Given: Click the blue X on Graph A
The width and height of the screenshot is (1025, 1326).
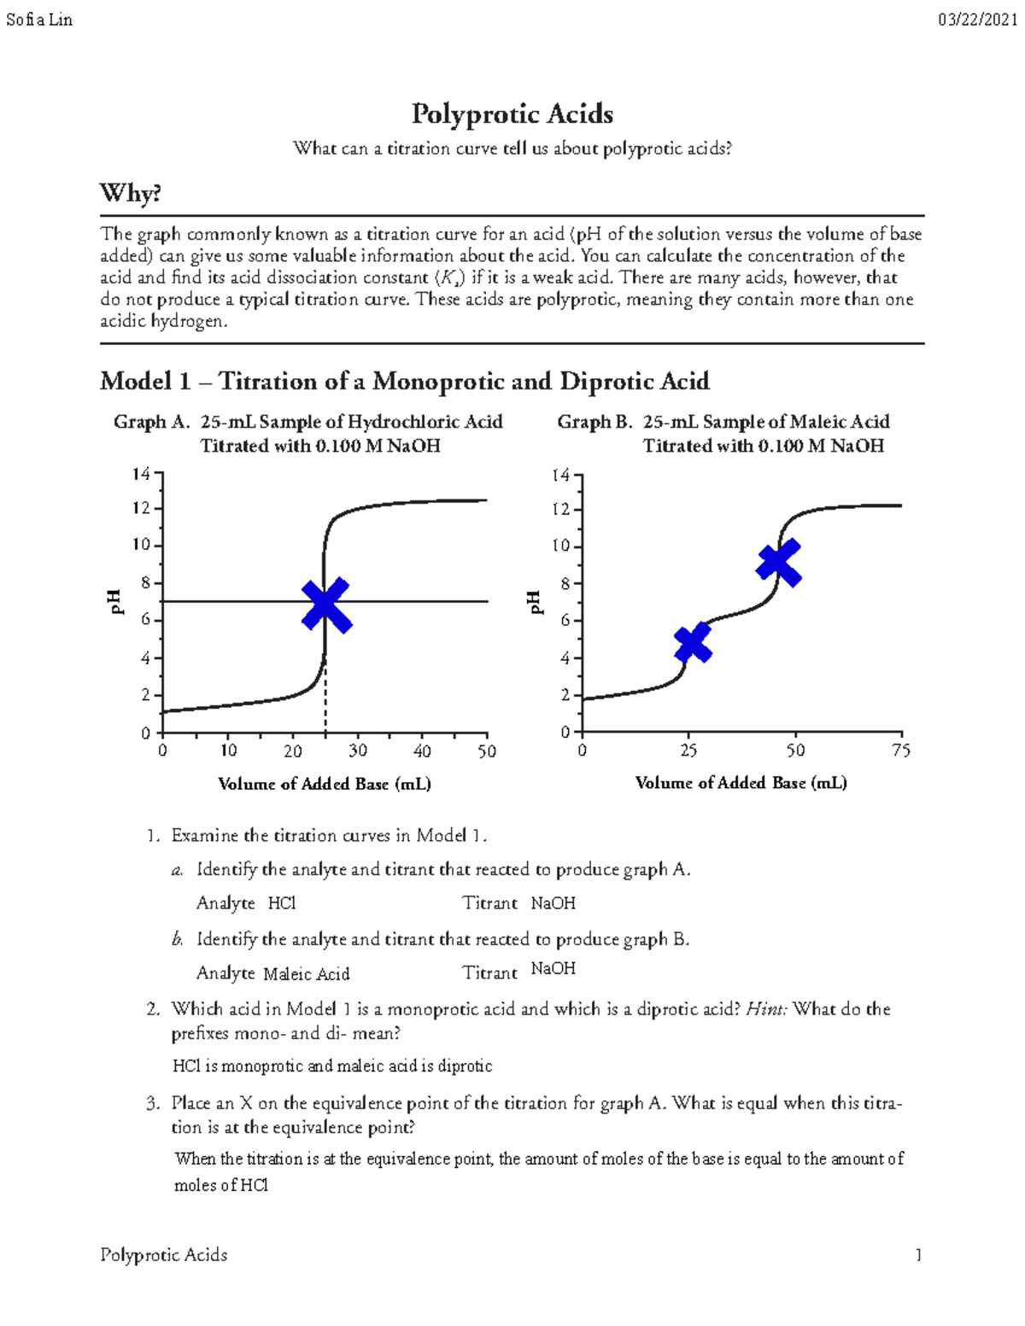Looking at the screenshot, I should point(325,605).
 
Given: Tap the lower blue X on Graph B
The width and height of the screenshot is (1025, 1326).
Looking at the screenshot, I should point(693,643).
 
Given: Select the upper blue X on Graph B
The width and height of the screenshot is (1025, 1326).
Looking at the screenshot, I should point(779,563).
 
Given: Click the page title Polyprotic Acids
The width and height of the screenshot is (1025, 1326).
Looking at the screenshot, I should point(512,114).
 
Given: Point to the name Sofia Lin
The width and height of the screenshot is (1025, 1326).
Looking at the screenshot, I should point(39,20).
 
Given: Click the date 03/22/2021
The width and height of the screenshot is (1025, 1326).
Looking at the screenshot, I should point(977,20).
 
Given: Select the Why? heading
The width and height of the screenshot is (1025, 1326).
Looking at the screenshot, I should point(131,193).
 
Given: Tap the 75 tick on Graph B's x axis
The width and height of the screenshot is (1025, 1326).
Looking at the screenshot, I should point(901,751).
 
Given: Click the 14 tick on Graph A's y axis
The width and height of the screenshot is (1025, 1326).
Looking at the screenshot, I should point(141,473).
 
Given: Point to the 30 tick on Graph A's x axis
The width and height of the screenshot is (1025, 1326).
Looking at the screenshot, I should point(357,751).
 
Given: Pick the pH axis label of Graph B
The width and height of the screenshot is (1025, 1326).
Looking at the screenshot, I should point(535,602).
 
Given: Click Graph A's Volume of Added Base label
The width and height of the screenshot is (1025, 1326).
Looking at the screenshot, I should point(325,784).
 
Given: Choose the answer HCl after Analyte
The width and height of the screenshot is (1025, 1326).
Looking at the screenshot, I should point(282,903).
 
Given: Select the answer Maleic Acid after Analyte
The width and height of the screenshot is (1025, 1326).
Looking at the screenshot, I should point(307,974).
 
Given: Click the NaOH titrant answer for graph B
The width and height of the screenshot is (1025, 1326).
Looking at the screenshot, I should point(553,968).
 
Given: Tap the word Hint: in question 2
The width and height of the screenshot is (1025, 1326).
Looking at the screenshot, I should point(766,1009).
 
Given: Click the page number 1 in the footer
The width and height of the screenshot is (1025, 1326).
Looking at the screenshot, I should point(918,1255).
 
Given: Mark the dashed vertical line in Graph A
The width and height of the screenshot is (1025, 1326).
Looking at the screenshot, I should point(325,700).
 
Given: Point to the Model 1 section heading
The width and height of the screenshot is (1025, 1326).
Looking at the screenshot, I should point(404,381).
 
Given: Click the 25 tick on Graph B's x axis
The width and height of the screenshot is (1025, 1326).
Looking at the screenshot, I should point(688,751).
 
